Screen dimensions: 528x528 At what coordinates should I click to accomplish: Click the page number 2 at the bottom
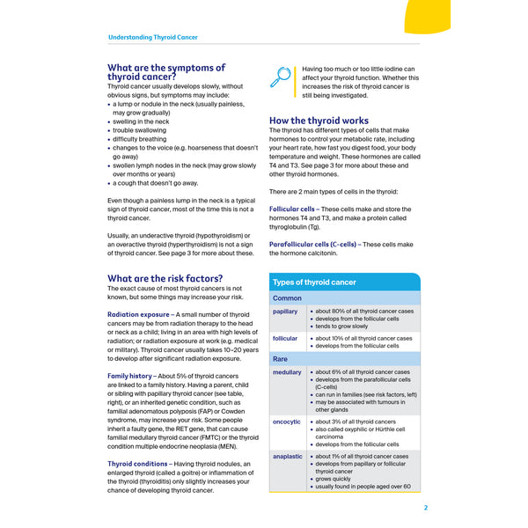pos(425,507)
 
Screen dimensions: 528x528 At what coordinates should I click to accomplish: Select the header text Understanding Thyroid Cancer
pos(152,38)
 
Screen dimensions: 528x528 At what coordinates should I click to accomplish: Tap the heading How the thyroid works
pos(319,121)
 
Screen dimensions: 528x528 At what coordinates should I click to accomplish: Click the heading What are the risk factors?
pos(165,278)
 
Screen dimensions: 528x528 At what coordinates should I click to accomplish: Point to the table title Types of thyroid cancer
pos(314,282)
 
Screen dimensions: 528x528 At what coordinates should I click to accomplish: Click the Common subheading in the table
pos(288,298)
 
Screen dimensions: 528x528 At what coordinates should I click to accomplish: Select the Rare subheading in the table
pos(281,359)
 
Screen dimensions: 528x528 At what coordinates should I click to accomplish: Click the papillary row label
pos(286,312)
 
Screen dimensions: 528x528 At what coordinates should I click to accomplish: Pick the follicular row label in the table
pos(286,338)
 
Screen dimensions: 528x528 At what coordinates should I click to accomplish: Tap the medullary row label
pos(288,372)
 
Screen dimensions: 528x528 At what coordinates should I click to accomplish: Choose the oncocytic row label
pos(288,422)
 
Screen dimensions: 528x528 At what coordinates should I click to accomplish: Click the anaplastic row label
pos(289,457)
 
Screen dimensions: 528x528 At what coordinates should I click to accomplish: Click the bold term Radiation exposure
pos(138,314)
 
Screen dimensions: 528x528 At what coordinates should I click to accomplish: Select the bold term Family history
pos(129,376)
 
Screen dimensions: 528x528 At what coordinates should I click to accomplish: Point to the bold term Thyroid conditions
pos(137,464)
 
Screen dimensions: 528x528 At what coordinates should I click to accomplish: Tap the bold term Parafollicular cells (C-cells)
pos(313,243)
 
